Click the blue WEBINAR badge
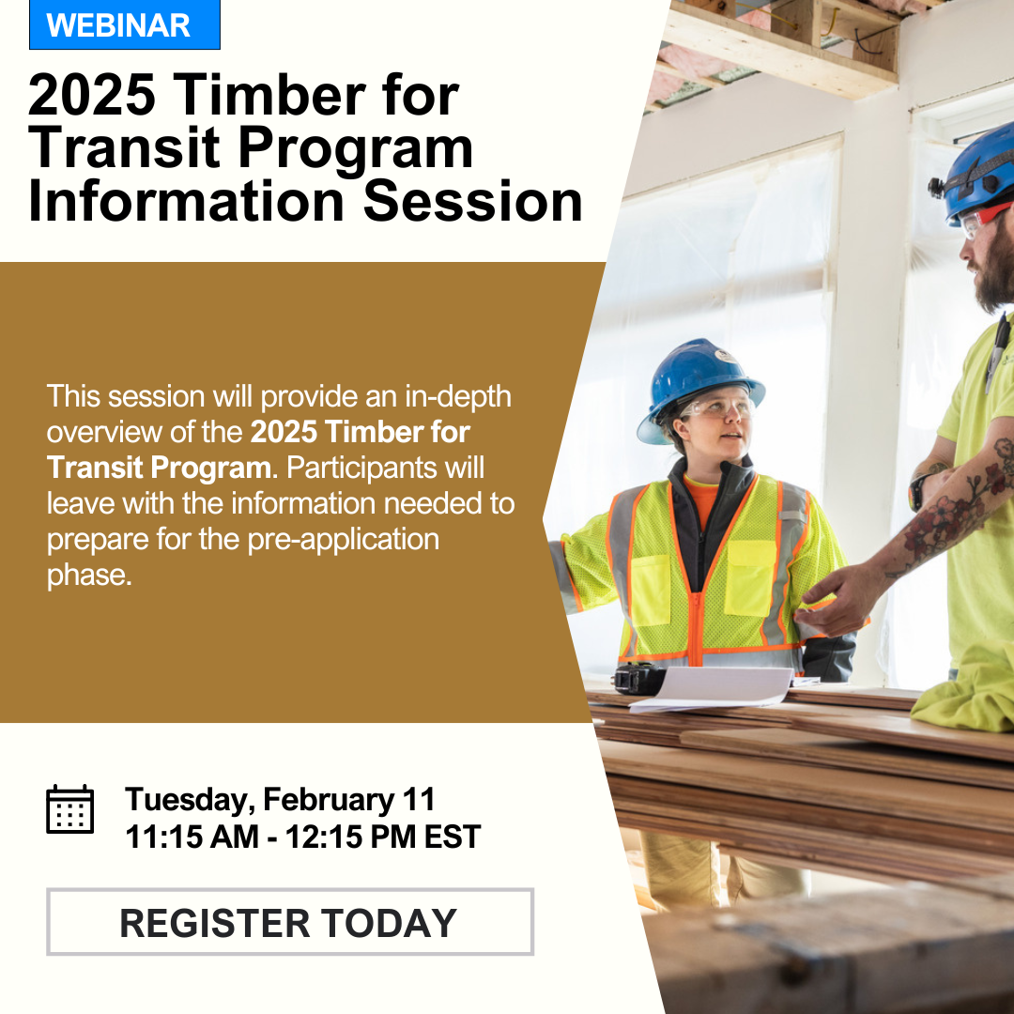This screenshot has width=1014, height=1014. [125, 24]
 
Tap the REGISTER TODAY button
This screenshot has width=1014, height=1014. [290, 922]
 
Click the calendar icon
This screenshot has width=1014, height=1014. [69, 809]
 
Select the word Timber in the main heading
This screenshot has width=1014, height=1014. [269, 95]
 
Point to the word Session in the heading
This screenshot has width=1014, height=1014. [472, 201]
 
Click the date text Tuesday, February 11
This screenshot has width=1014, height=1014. [280, 799]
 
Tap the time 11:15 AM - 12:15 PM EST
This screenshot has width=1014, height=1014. [302, 837]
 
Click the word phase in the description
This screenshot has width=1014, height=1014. [88, 576]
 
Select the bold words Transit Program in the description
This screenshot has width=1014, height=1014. [159, 467]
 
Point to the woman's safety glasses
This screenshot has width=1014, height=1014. [718, 407]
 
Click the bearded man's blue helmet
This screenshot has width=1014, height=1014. [976, 174]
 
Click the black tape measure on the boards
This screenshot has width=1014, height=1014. [639, 678]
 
